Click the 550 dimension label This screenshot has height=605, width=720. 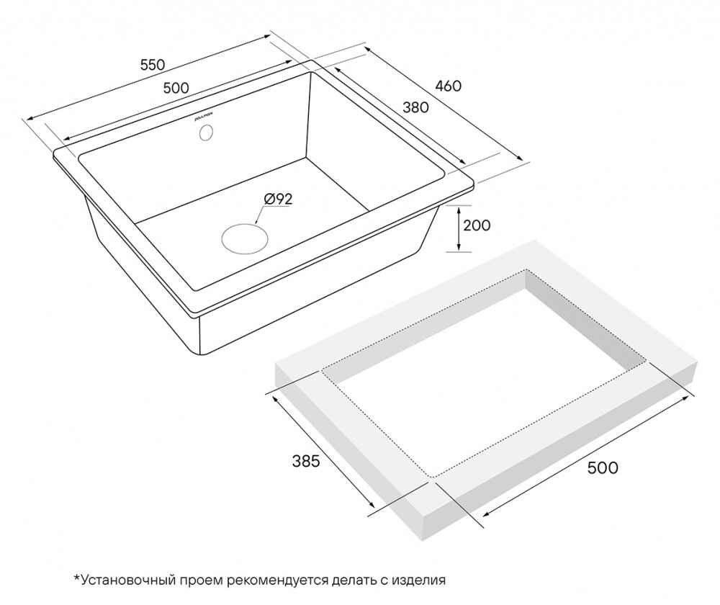[x=153, y=65]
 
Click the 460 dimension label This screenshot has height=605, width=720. [x=448, y=86]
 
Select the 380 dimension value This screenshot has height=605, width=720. [x=415, y=107]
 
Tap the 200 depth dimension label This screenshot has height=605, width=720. [x=477, y=225]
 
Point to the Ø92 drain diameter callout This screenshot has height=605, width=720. [x=278, y=199]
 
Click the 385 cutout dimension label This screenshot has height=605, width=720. [x=306, y=461]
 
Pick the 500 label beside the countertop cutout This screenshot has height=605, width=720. [x=603, y=467]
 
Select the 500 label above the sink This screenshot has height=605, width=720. [x=176, y=87]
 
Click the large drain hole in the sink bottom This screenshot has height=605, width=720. [x=244, y=238]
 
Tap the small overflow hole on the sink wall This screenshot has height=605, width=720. [x=206, y=133]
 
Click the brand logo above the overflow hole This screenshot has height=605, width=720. [x=201, y=117]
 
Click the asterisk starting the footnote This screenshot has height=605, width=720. [x=77, y=577]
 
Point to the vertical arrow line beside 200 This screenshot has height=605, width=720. [x=458, y=229]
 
